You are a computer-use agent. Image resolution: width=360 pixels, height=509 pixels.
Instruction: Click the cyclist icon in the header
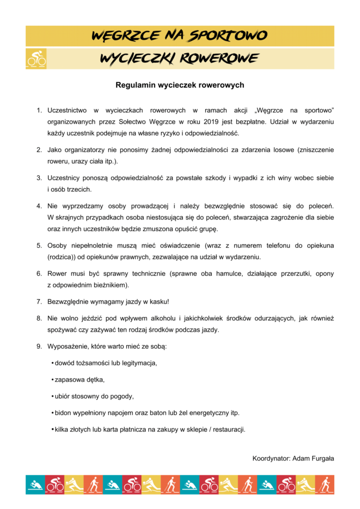tap(36, 59)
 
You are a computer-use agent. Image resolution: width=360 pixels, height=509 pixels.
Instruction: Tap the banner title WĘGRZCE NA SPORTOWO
tap(179, 36)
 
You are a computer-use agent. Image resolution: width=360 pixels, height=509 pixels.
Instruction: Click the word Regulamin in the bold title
tap(133, 85)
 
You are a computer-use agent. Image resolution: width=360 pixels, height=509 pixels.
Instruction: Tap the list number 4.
tap(39, 205)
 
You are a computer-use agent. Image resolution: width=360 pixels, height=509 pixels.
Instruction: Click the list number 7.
tap(39, 302)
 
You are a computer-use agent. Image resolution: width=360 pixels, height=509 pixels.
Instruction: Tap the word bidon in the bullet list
tap(63, 413)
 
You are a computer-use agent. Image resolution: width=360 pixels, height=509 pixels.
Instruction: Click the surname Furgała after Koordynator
tap(321, 458)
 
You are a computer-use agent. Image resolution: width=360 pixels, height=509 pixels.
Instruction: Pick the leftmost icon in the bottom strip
tap(35, 484)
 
